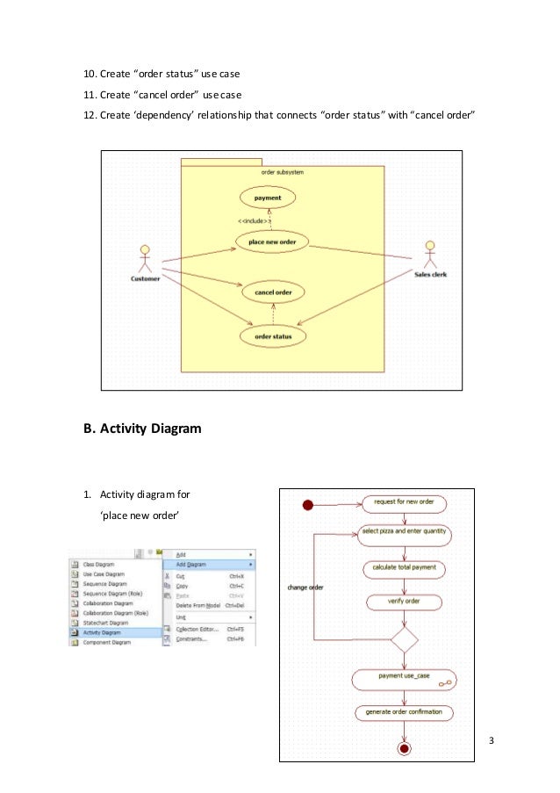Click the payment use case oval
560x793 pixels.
tap(267, 198)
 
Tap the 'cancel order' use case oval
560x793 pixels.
tap(273, 292)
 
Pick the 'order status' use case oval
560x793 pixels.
tap(273, 335)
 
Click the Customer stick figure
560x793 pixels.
tap(145, 259)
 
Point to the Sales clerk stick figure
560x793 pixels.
tap(430, 256)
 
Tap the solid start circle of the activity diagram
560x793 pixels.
tap(308, 504)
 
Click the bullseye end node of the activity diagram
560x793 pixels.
tap(404, 748)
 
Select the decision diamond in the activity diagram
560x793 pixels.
tap(404, 639)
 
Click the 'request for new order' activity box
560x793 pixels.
tap(404, 503)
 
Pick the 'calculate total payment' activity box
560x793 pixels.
tap(404, 568)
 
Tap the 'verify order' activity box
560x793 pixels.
tap(404, 602)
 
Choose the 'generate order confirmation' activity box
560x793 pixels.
tap(404, 711)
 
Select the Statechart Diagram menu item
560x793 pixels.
tap(107, 623)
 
